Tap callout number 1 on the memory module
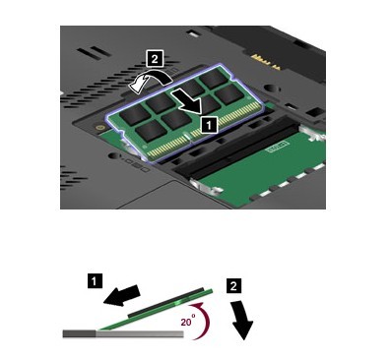(209, 125)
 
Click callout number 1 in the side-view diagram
(95, 281)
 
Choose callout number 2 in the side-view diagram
(232, 286)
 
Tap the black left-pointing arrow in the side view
(121, 295)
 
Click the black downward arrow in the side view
(242, 321)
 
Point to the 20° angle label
(188, 322)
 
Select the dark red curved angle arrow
(206, 321)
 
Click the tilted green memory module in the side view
(155, 310)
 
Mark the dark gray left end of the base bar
(79, 333)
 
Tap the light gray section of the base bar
(140, 333)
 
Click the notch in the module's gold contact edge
(186, 135)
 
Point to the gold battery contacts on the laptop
(265, 62)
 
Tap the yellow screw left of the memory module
(98, 127)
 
